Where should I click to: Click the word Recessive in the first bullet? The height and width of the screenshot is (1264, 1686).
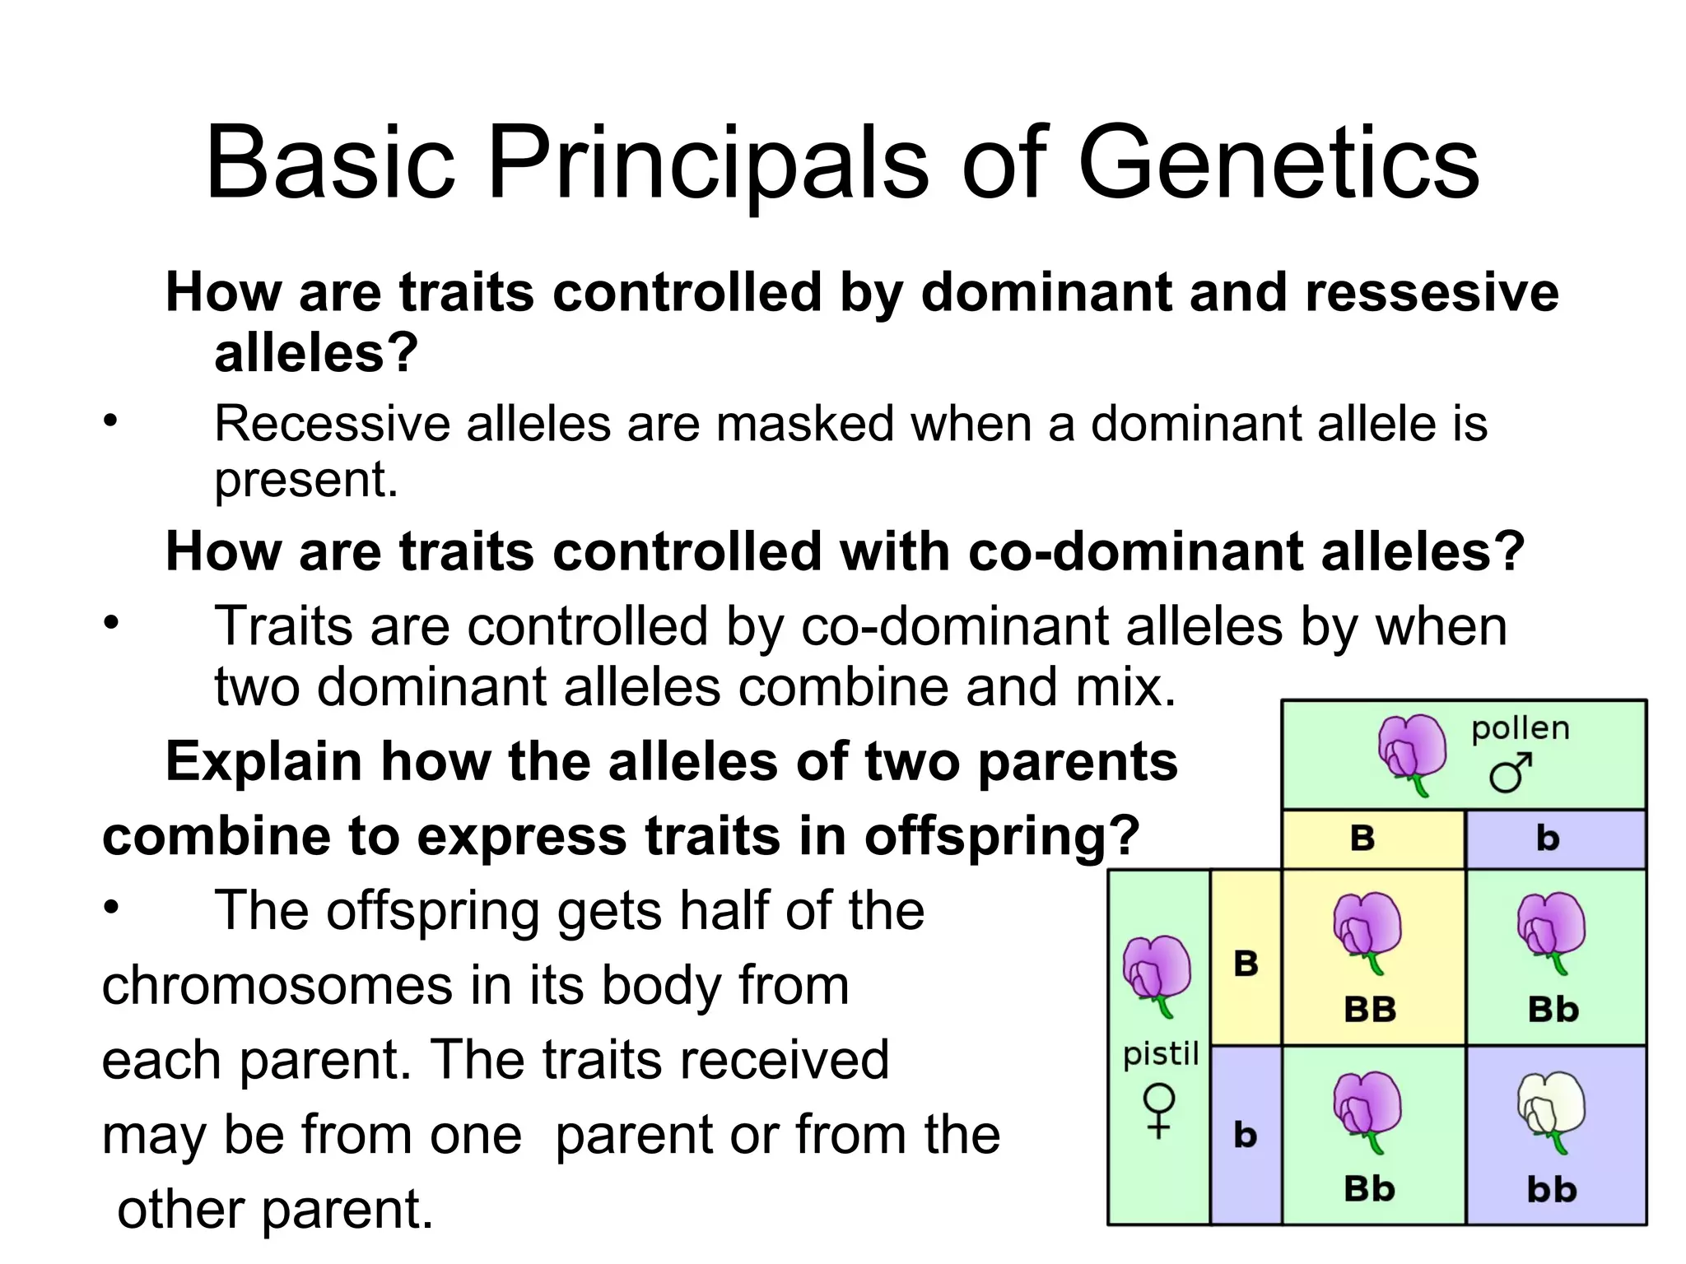pos(333,424)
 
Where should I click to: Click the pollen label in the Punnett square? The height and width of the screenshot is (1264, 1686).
pos(1520,728)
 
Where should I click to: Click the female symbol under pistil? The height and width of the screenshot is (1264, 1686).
pos(1159,1110)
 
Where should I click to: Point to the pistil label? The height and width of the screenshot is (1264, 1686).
pos(1161,1053)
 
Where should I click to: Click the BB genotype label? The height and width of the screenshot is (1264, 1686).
pos(1370,1010)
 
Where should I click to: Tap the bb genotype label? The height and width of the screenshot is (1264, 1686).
pos(1552,1190)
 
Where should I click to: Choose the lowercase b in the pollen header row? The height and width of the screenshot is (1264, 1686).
pos(1548,839)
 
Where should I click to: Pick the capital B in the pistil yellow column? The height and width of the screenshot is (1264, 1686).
pos(1246,964)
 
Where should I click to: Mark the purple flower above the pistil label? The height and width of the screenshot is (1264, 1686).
pos(1157,974)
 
